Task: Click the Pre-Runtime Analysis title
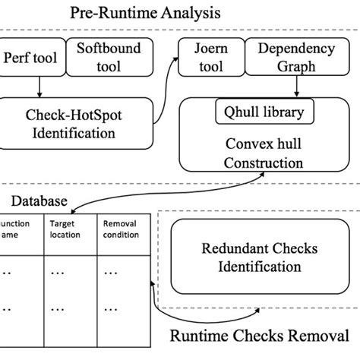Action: (x=146, y=13)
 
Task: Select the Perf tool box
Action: (x=32, y=58)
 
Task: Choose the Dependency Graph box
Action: (x=295, y=58)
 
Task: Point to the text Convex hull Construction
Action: (x=264, y=153)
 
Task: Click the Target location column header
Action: (x=67, y=229)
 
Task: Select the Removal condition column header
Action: (x=121, y=229)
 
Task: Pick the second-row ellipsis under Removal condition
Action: (x=112, y=309)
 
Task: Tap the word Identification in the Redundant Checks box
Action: (x=259, y=267)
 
